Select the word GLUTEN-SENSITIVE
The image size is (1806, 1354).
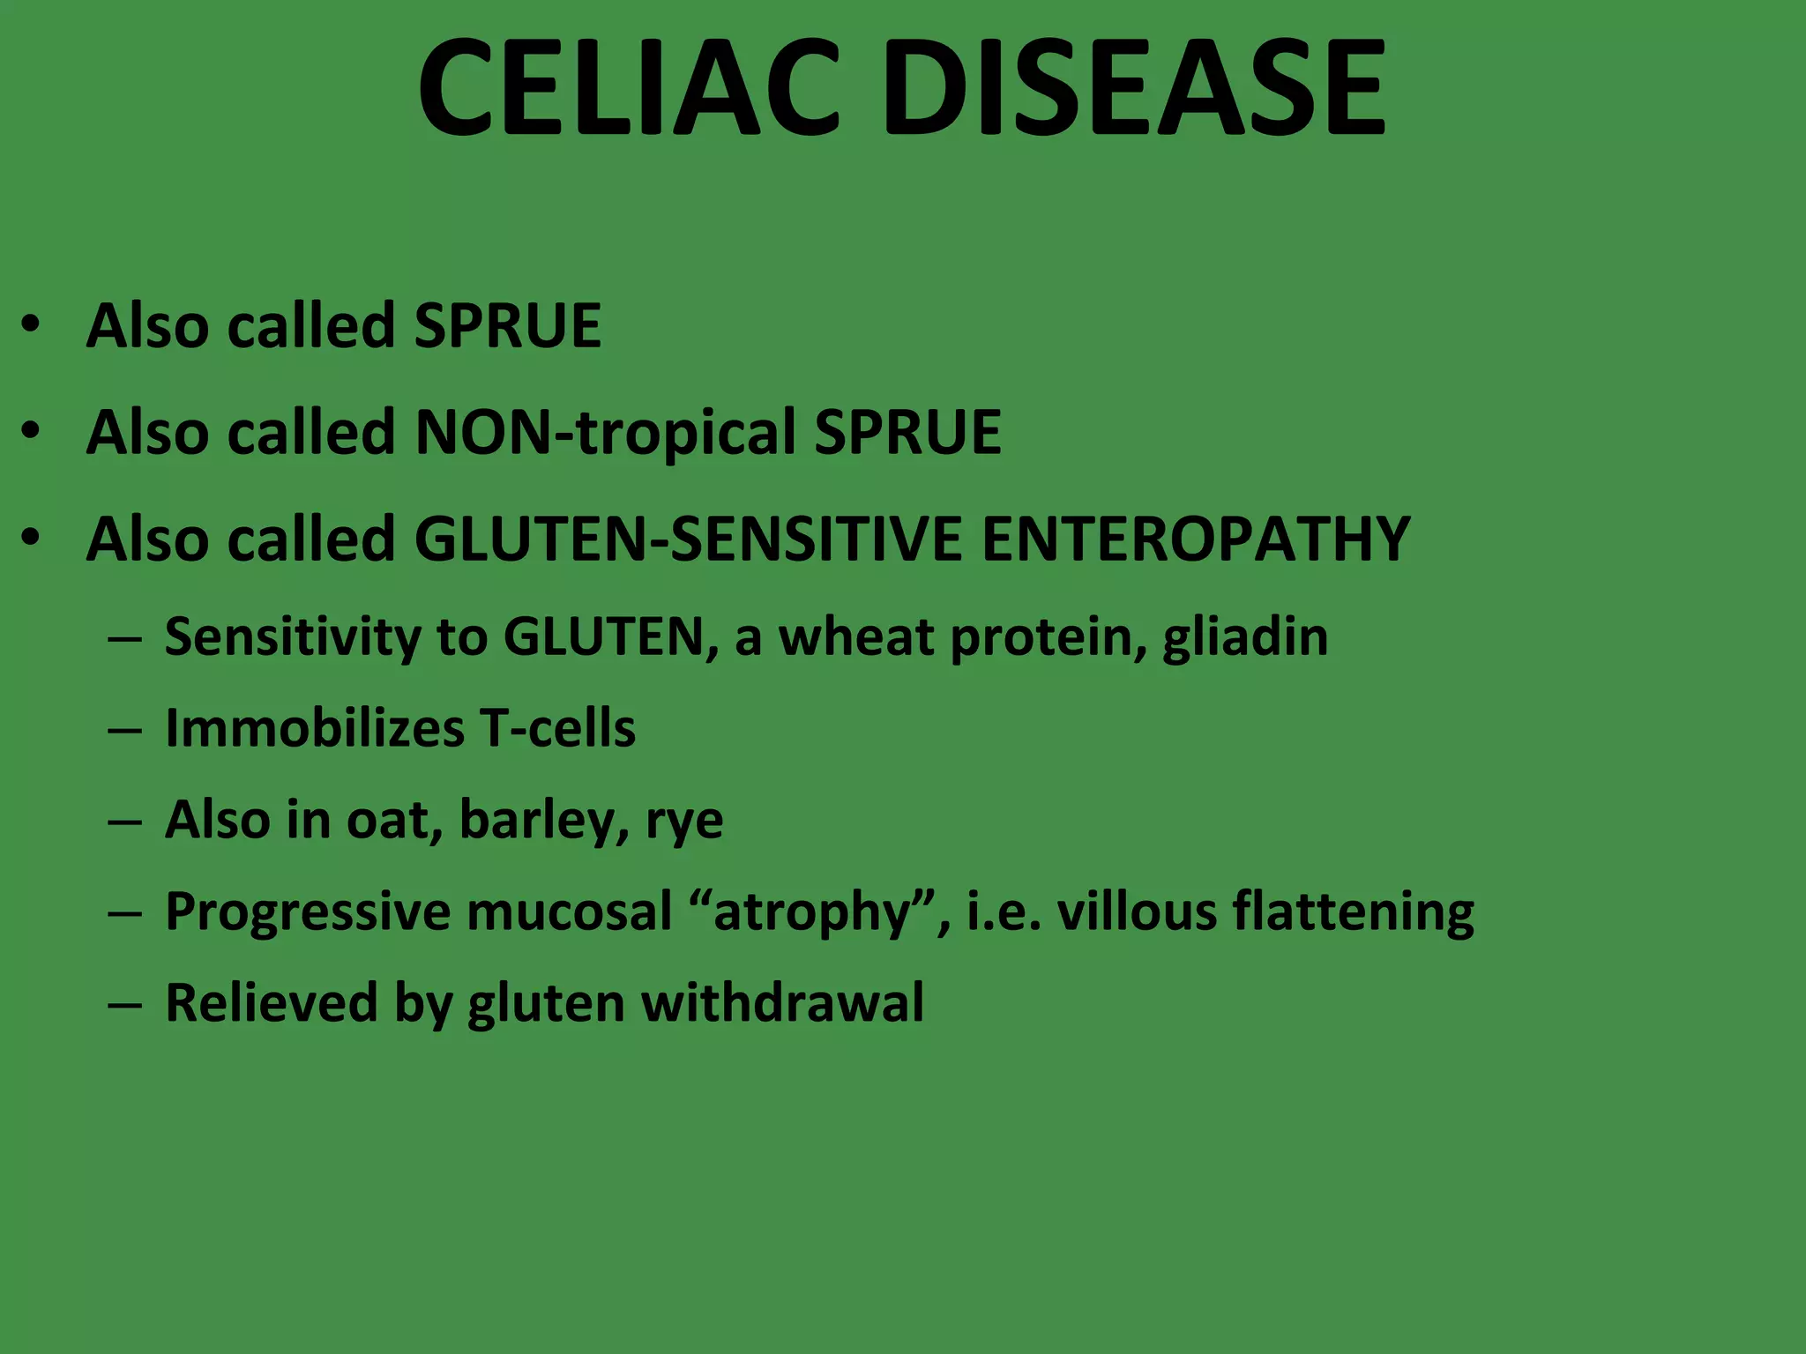coord(688,539)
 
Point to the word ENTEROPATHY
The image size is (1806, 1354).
coord(1196,539)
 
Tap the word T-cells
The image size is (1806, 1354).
coord(557,728)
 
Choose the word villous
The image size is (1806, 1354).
coord(1137,911)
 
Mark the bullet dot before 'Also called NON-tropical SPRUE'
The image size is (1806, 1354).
coord(32,431)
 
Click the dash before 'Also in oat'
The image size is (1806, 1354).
coord(124,822)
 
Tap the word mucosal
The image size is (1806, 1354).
coord(569,911)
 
